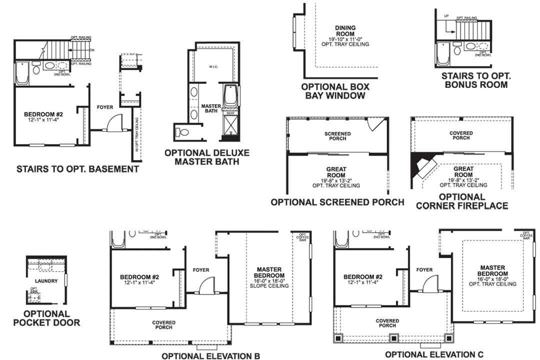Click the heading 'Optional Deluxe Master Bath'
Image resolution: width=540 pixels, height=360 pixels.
coord(206,157)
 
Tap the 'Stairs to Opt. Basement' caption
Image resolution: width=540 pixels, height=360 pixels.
coord(77,169)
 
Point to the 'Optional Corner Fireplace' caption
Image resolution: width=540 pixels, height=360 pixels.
coord(462,201)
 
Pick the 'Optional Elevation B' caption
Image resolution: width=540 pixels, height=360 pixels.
coord(210,356)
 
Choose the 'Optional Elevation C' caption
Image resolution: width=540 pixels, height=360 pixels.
coord(434,354)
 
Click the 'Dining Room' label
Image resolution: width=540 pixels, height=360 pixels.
coord(345,31)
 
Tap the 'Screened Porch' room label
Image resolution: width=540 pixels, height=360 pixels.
coord(337,136)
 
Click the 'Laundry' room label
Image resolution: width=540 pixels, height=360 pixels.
coord(46,281)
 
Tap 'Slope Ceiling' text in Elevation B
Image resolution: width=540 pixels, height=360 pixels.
coord(269,287)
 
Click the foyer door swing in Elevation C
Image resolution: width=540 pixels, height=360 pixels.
coord(430,285)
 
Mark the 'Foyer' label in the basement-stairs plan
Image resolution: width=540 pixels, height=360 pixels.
coord(105,107)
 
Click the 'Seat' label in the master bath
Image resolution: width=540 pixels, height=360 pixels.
coord(230,113)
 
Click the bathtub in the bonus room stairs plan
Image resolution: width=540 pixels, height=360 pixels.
coord(442,54)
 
